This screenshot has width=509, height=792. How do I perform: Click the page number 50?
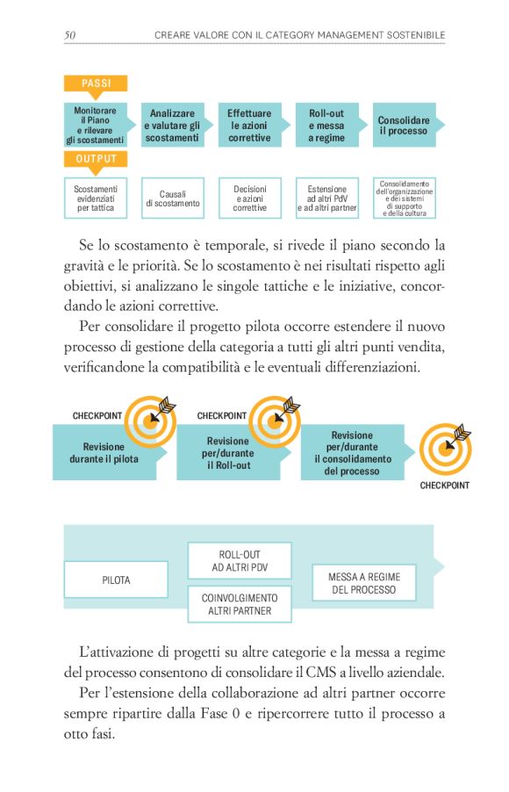point(69,34)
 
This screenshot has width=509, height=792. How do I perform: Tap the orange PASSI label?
point(96,83)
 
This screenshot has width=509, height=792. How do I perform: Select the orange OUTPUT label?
point(96,159)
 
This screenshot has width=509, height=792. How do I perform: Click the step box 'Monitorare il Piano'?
point(96,125)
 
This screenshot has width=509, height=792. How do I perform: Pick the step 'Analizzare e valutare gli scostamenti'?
point(172,126)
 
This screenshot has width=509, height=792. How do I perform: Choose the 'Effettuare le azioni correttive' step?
point(250,126)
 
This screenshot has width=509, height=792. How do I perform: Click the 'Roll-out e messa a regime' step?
point(326,126)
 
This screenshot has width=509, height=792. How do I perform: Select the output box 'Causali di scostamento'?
point(173,198)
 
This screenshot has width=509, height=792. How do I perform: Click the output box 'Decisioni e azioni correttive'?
point(250,198)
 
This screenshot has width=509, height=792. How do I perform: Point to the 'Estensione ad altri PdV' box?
point(326,198)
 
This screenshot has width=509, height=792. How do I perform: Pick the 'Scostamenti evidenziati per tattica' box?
point(96,198)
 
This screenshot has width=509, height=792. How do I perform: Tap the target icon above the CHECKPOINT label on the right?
point(445,448)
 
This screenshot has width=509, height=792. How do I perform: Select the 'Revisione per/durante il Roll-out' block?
point(229,453)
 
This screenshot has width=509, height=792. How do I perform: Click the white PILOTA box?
point(116,580)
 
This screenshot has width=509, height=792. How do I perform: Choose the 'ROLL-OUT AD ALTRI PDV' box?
point(240,561)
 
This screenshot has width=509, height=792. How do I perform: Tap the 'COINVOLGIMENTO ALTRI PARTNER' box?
point(240,604)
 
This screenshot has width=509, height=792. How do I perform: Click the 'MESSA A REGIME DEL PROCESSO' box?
point(364,583)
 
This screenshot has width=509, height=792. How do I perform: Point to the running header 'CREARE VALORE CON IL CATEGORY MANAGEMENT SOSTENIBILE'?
point(299,34)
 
